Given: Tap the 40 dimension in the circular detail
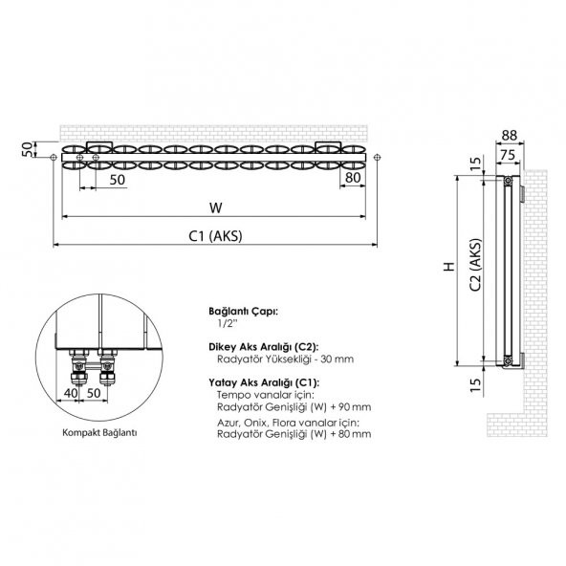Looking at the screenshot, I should click(x=70, y=393).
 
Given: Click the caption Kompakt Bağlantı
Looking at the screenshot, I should click(x=95, y=432).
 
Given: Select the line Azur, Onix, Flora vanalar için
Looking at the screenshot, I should click(x=289, y=421).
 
